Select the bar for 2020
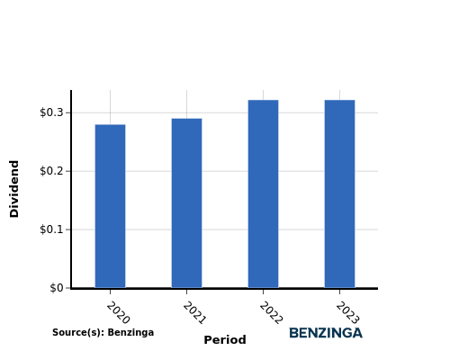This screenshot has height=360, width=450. [x=110, y=206]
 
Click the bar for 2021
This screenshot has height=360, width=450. [x=186, y=203]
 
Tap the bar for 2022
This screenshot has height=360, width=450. [x=263, y=193]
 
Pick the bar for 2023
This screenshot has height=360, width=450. [x=339, y=193]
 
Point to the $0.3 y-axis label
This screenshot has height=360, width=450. [x=51, y=112]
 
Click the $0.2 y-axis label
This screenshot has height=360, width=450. [x=51, y=171]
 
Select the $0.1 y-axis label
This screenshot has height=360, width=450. [x=51, y=229]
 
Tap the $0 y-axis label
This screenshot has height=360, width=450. [x=57, y=288]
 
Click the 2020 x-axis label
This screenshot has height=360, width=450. [x=118, y=313]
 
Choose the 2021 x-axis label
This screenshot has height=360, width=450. [x=194, y=313]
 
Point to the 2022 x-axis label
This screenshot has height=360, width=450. [x=271, y=313]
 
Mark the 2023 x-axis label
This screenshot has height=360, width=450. [x=347, y=313]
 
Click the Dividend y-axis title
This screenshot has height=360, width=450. [x=14, y=189]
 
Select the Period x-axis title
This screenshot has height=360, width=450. [x=225, y=340]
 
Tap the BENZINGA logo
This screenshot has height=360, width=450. [x=326, y=333]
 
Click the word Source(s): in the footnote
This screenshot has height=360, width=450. [x=78, y=333]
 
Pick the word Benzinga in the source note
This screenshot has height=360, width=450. [x=130, y=333]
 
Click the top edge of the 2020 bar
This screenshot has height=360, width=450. [x=110, y=124]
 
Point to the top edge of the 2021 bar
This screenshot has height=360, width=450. [x=186, y=119]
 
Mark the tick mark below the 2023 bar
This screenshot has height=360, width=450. [x=339, y=292]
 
